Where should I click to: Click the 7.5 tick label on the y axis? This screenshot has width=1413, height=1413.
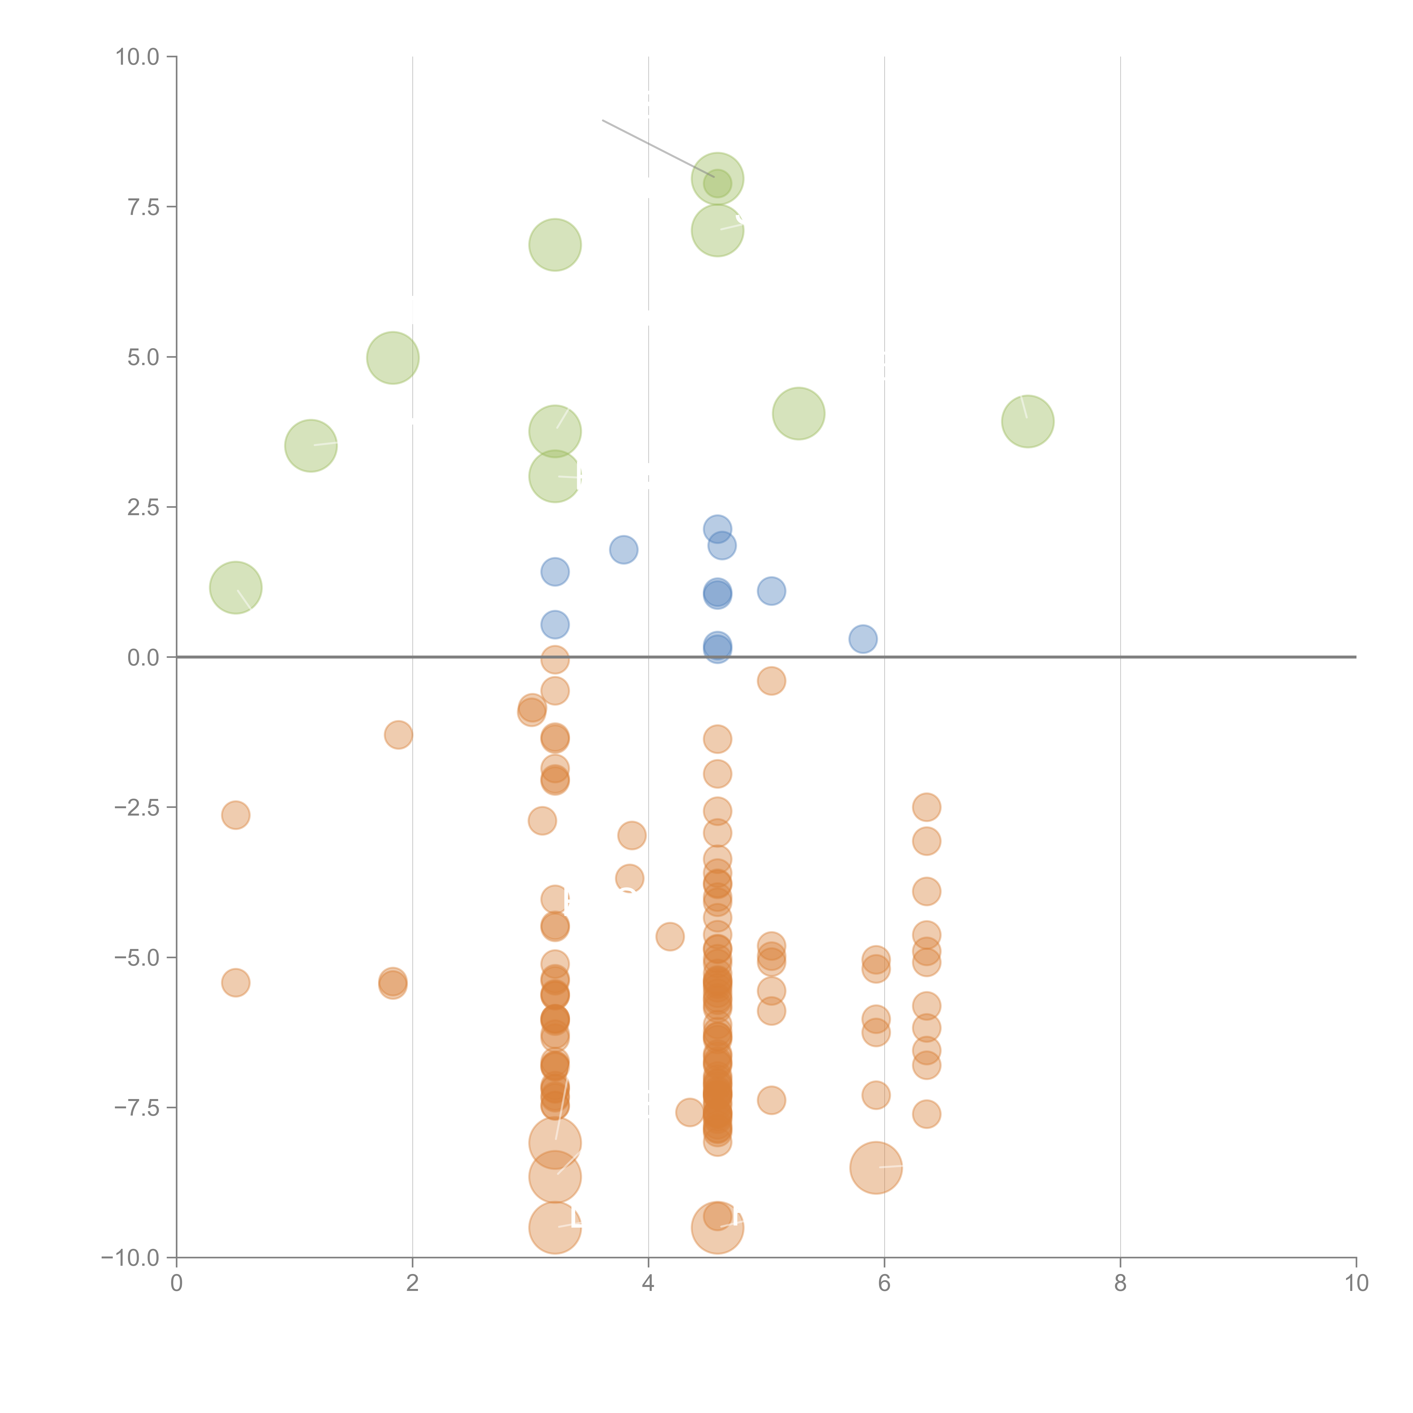(143, 207)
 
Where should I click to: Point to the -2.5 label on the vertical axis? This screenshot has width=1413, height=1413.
(137, 807)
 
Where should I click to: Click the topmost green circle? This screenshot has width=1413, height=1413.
(718, 178)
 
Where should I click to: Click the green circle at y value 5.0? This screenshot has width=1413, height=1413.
(393, 358)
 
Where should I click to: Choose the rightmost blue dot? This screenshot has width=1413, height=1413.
(863, 638)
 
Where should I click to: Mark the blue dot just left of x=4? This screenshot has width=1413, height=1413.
(623, 549)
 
